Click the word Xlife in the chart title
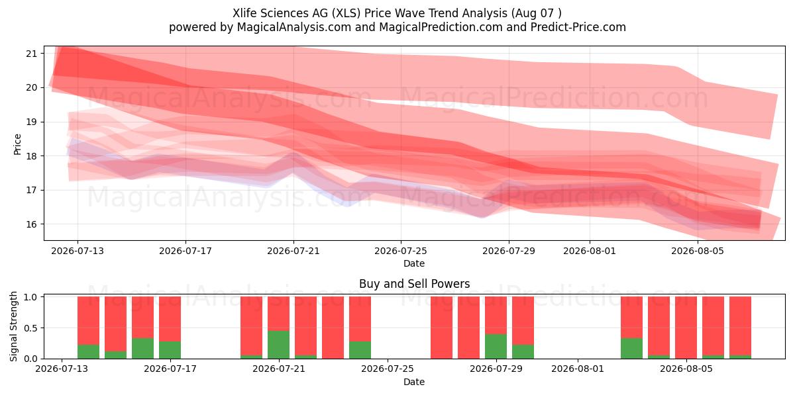tap(245, 13)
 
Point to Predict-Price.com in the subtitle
tap(578, 27)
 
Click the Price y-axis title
tap(17, 144)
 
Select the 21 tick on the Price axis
tap(31, 54)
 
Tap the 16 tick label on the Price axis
tap(31, 224)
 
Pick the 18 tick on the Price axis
tap(31, 156)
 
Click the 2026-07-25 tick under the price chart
tap(401, 251)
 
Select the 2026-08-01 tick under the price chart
tap(590, 251)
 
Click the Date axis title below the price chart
tap(414, 263)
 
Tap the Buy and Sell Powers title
tap(414, 284)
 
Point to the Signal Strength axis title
tap(13, 326)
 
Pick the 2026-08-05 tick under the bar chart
tap(686, 369)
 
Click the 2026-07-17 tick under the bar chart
tap(170, 369)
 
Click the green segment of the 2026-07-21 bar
tap(279, 345)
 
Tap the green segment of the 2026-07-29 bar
tap(496, 346)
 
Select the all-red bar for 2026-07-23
tap(333, 328)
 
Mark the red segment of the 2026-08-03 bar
tap(632, 317)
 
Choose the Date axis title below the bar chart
tap(414, 382)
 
